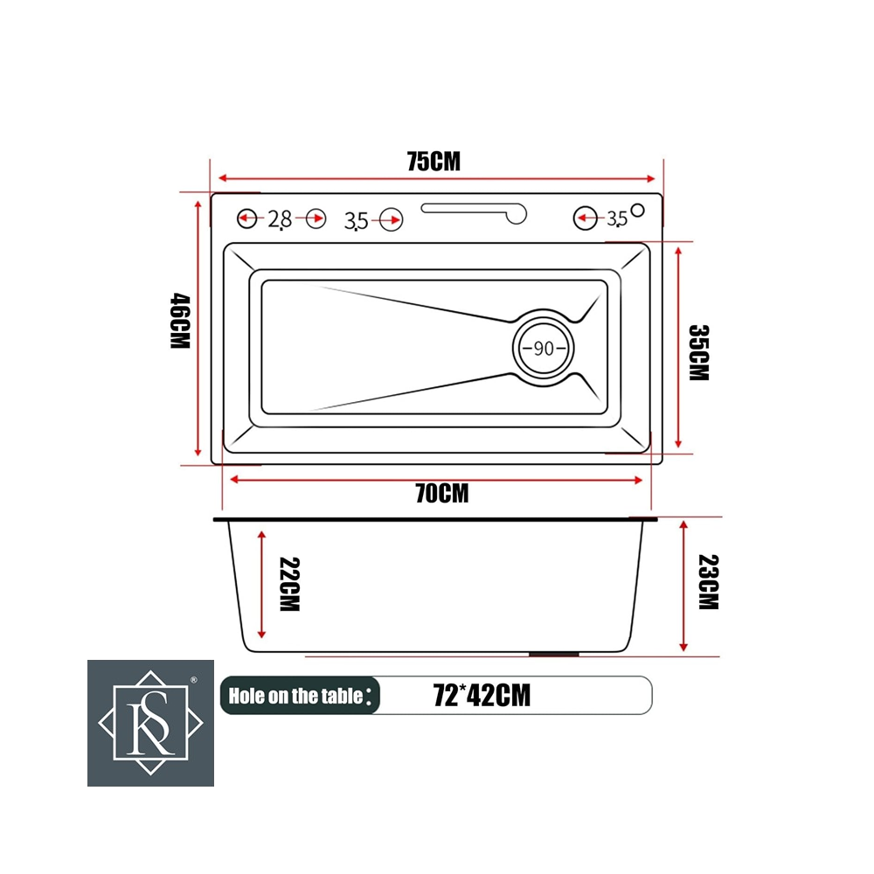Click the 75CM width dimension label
433,162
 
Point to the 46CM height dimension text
179,321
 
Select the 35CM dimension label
698,352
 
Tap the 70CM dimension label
441,494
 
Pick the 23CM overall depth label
709,582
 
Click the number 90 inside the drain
543,348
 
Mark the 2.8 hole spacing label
280,219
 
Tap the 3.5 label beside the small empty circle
617,218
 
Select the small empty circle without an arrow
638,210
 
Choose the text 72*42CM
482,696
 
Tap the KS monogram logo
150,723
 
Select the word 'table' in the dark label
342,696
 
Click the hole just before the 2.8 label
246,218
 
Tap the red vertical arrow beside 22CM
261,584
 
